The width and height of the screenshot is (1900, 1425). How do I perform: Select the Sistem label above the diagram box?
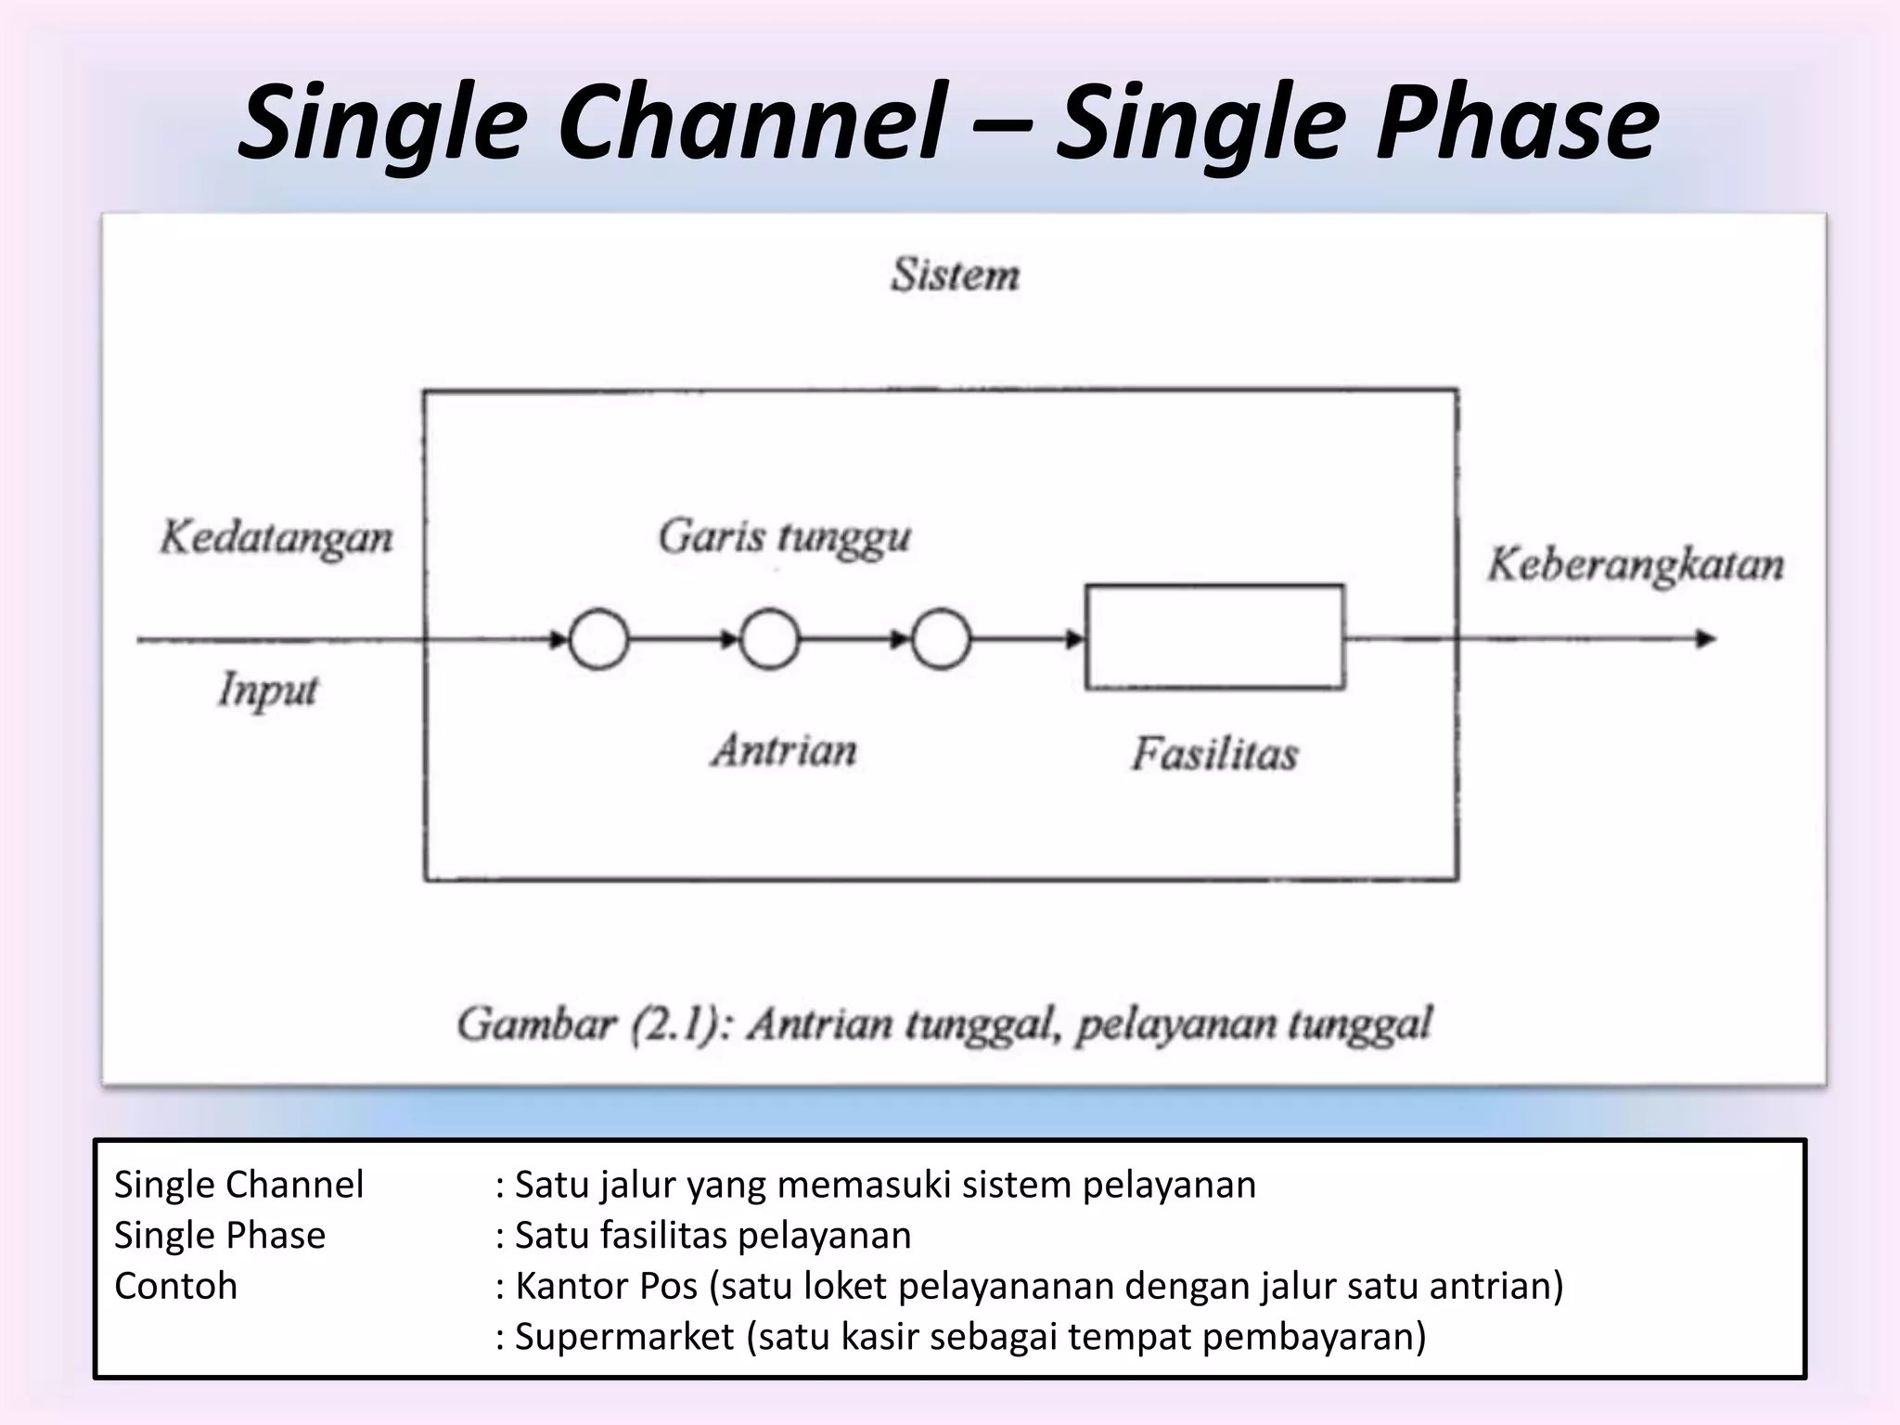[955, 276]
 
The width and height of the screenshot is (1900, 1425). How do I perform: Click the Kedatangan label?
[276, 538]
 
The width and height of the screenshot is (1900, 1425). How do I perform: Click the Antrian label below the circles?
[785, 750]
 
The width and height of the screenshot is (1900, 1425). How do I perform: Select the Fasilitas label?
[1213, 753]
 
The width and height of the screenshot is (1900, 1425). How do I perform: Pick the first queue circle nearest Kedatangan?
[598, 639]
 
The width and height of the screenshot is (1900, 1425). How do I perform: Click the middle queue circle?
[769, 639]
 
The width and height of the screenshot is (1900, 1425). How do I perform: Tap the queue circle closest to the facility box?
[941, 639]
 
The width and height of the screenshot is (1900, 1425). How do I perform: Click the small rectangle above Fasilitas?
[1214, 636]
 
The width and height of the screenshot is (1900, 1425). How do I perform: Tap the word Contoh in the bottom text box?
[175, 1286]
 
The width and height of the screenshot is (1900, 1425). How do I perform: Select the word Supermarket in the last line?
[624, 1336]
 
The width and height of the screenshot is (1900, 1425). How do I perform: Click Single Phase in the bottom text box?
[220, 1236]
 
